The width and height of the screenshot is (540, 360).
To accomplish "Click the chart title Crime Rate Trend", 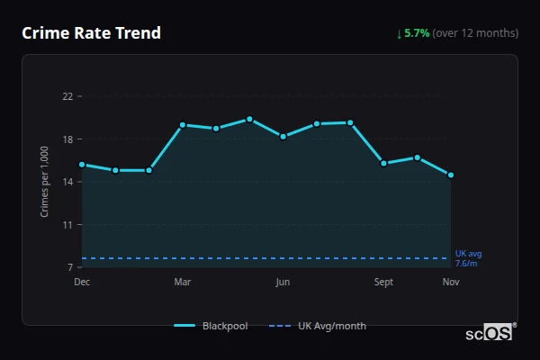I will (x=91, y=33).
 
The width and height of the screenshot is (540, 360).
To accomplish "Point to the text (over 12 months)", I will (x=475, y=33).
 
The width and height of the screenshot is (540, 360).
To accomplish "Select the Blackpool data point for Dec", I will (x=82, y=165).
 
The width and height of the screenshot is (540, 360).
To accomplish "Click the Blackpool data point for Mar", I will (x=183, y=125).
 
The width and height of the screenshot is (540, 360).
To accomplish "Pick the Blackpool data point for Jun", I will (x=283, y=137).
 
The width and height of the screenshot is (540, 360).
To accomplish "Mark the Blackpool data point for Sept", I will (x=383, y=163).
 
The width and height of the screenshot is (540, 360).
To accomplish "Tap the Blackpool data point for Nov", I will (x=451, y=175).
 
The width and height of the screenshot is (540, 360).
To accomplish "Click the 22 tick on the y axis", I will (x=67, y=96).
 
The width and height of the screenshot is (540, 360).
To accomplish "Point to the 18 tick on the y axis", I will (x=67, y=139).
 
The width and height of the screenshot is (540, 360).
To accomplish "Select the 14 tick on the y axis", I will (x=67, y=182).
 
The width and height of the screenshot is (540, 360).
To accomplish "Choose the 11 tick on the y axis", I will (x=67, y=225).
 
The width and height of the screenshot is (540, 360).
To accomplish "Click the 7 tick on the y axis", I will (x=69, y=267).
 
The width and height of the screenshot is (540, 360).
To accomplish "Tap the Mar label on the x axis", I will (x=183, y=283).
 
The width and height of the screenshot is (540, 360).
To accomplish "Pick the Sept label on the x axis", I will (x=383, y=283).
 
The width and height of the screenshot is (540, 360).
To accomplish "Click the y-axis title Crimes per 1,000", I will (x=44, y=181).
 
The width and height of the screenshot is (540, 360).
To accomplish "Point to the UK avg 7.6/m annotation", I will (x=468, y=258).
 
